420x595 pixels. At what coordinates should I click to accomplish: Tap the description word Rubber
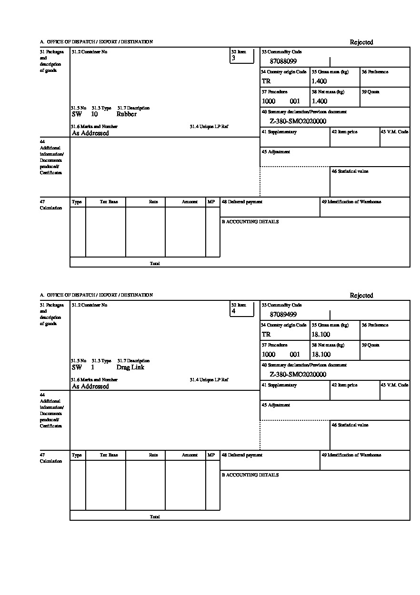pos(126,114)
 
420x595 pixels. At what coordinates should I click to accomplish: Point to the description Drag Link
pos(130,367)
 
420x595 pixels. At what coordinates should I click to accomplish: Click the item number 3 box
pos(242,56)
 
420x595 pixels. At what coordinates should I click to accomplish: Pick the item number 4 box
pos(242,309)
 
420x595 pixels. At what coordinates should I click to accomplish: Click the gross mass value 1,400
pos(319,81)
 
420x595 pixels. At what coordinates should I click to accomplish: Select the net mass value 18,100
pos(320,355)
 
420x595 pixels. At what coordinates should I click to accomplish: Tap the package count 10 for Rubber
pos(94,114)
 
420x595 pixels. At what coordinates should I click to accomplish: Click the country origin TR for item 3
pos(266,81)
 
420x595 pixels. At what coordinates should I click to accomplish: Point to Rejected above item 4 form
pos(361,296)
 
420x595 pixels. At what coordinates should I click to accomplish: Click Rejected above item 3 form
pos(361,42)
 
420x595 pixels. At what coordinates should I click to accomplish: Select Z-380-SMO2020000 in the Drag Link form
pos(298,375)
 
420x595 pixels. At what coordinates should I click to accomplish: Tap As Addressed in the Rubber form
pos(90,133)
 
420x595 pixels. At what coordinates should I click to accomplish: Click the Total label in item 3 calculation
pos(155,264)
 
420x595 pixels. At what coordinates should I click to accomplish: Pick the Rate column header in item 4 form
pos(153,455)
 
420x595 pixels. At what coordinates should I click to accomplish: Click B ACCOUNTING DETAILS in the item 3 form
pos(250,222)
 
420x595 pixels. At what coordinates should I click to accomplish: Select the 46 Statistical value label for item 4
pos(350,425)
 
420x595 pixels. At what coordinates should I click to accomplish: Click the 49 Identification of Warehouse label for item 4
pos(351,455)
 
